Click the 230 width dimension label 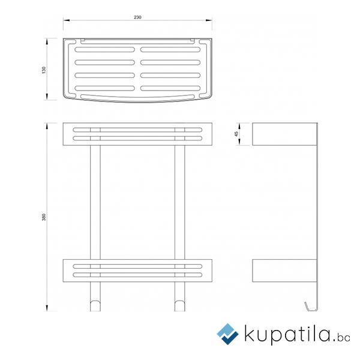click(137, 17)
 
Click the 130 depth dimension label click(44, 70)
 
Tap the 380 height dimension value click(44, 217)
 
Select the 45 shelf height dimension click(236, 134)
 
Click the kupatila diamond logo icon click(228, 334)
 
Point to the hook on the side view click(311, 307)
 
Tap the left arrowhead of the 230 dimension click(67, 20)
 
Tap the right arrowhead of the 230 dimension click(209, 20)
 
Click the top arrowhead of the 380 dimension click(47, 126)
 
